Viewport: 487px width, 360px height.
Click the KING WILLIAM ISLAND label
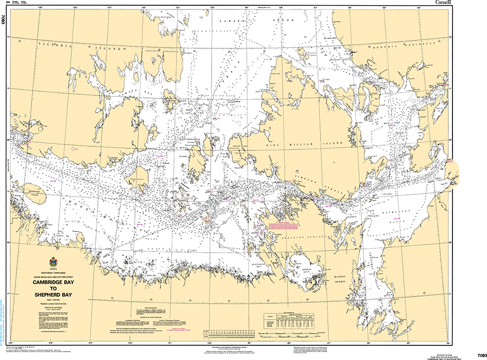[x=309, y=143]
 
